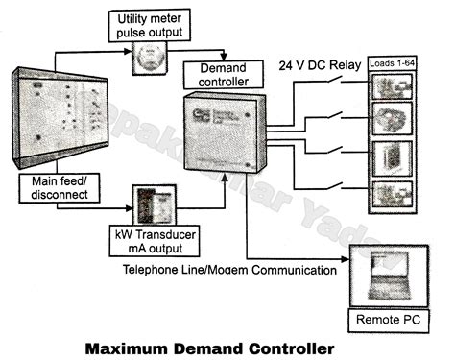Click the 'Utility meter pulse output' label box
(x=149, y=26)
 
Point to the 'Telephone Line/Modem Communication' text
(x=229, y=271)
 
